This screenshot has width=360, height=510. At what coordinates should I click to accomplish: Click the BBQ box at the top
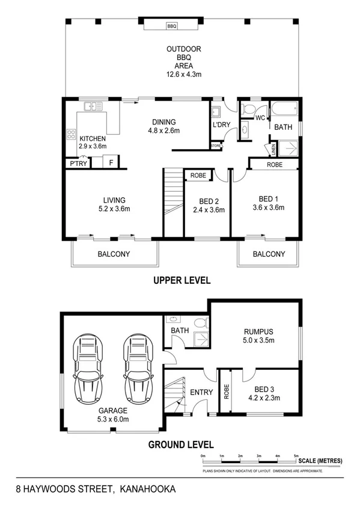172,26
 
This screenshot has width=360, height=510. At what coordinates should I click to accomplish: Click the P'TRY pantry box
76,162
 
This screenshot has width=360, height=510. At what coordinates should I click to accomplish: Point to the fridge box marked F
111,162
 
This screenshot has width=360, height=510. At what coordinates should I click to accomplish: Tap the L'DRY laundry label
222,124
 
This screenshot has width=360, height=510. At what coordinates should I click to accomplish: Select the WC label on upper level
260,117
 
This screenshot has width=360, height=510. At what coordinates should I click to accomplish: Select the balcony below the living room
114,254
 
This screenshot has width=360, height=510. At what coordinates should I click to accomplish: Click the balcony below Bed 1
269,254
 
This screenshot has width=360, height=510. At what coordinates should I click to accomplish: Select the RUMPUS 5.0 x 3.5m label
259,336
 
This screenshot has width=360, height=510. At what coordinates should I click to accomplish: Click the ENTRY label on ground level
201,392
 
